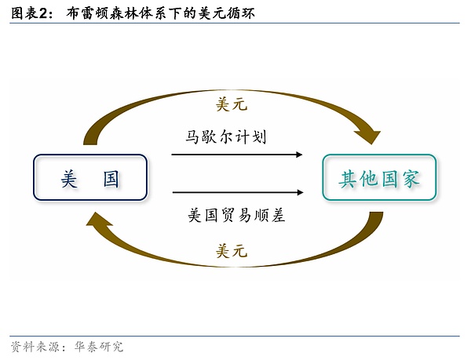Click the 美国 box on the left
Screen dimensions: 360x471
click(89, 177)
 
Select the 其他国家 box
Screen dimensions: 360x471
click(380, 177)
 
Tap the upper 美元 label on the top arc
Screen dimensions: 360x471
click(231, 104)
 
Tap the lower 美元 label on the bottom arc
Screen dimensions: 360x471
click(231, 251)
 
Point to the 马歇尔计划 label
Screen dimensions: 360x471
click(227, 137)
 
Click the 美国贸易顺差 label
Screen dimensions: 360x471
click(236, 214)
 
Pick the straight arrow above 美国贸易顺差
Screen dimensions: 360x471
click(236, 192)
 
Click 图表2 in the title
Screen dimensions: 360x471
click(31, 13)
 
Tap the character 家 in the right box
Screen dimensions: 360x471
click(411, 178)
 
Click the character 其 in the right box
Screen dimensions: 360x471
click(349, 178)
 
